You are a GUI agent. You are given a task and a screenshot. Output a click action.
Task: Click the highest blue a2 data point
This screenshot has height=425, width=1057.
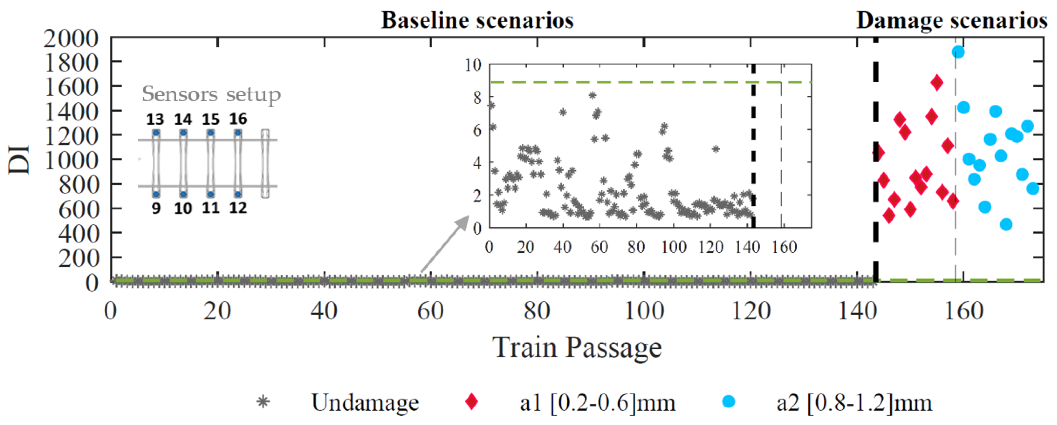pos(958,52)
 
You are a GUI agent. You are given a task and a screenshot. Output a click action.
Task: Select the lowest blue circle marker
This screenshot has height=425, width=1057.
pos(1006,224)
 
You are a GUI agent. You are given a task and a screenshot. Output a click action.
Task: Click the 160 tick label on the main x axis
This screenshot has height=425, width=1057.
pos(964,312)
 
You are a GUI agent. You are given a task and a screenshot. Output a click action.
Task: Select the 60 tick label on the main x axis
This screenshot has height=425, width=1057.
pos(430,312)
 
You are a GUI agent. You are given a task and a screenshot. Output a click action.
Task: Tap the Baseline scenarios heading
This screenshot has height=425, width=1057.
pos(478,20)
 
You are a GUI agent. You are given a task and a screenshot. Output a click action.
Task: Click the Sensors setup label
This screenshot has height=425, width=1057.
pos(211,95)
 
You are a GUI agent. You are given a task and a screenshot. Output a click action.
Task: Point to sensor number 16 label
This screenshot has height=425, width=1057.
pos(238,119)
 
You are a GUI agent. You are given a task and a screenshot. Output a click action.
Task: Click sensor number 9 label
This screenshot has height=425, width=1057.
pos(156,208)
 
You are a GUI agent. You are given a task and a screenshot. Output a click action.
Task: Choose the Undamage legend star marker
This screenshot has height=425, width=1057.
pos(263,402)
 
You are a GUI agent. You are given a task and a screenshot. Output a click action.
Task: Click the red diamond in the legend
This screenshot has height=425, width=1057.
pos(472,402)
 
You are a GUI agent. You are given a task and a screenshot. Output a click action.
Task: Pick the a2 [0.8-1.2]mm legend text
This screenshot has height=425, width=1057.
pos(854,403)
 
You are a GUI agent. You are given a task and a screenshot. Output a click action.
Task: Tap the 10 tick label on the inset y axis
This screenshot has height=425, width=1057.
pos(472,65)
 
